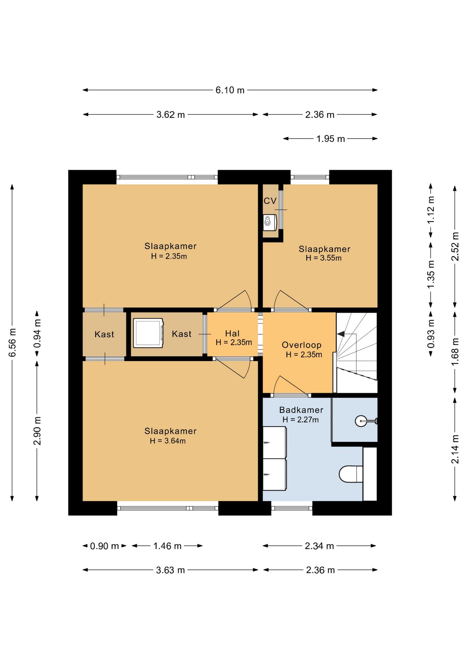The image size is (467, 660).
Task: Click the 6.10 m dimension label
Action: (230, 90)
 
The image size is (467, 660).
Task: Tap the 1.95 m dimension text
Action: (330, 139)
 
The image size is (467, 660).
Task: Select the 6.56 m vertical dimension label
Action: (12, 342)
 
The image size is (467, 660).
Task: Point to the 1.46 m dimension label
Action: (167, 546)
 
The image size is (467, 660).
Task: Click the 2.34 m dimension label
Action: (319, 546)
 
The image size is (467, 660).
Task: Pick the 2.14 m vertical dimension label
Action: (455, 449)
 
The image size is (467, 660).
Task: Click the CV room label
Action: (270, 201)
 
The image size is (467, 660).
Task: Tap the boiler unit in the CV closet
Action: (270, 222)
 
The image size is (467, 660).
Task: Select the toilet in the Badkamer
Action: (351, 474)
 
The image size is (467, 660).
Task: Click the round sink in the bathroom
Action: (361, 421)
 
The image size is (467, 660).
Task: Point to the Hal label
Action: (232, 333)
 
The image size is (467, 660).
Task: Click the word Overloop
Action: (302, 345)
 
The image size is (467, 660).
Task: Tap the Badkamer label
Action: (301, 410)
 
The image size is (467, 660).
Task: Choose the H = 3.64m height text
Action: (168, 441)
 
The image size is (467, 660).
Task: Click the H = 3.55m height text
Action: (324, 258)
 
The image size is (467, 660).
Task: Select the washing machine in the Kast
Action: (148, 333)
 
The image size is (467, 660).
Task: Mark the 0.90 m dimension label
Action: (104, 546)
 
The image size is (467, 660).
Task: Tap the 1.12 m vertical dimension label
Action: (431, 210)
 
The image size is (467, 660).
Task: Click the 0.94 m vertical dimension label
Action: (37, 333)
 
